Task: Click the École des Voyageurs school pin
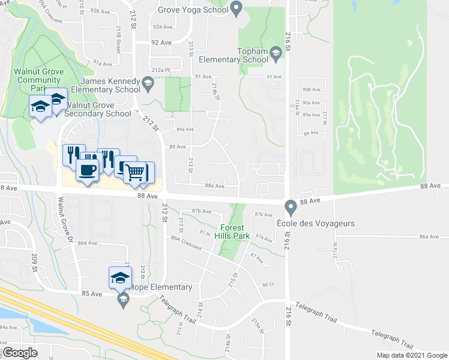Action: coord(291,208)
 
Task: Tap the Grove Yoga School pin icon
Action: coord(236,10)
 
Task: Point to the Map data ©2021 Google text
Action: coord(411,355)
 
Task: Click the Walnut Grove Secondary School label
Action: coord(97,113)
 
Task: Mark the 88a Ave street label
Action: coord(214,186)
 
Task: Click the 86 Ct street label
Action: coord(268,284)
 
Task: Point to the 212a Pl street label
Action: coord(161,70)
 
